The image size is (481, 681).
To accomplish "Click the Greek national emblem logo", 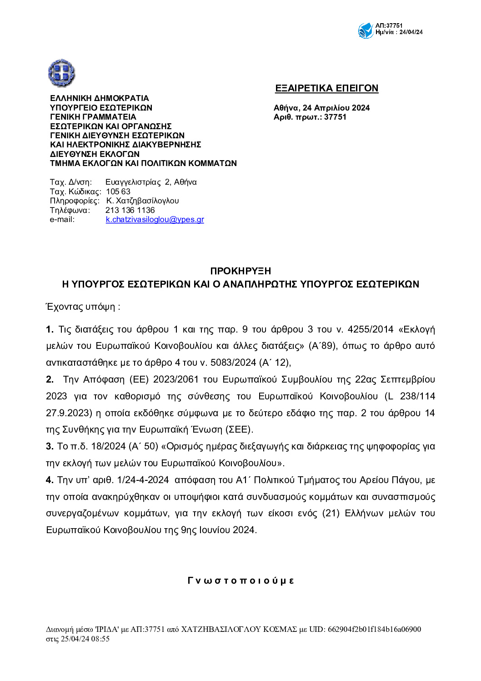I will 61,73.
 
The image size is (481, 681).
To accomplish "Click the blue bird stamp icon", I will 366,30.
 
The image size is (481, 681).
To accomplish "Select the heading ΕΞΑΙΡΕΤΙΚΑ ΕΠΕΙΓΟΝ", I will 326,88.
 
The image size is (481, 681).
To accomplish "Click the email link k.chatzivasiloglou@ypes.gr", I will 155,219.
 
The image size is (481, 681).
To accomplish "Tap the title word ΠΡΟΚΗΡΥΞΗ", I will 240,271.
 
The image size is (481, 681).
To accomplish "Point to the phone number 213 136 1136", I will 130,210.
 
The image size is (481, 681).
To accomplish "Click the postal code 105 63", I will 118,192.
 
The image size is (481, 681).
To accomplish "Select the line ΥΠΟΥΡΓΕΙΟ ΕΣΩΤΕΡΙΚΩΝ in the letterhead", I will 101,108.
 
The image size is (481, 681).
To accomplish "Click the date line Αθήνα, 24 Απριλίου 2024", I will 321,108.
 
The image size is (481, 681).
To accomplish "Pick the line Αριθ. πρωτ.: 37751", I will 310,117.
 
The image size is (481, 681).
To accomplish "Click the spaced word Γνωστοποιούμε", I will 240,580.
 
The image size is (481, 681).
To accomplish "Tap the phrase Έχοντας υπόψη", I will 83,307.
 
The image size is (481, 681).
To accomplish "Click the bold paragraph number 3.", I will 50,446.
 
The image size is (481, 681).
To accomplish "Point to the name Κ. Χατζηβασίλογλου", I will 142,201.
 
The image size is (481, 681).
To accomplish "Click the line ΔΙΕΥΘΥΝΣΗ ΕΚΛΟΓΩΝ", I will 95,154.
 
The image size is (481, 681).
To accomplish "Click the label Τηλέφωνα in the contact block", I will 70,210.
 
